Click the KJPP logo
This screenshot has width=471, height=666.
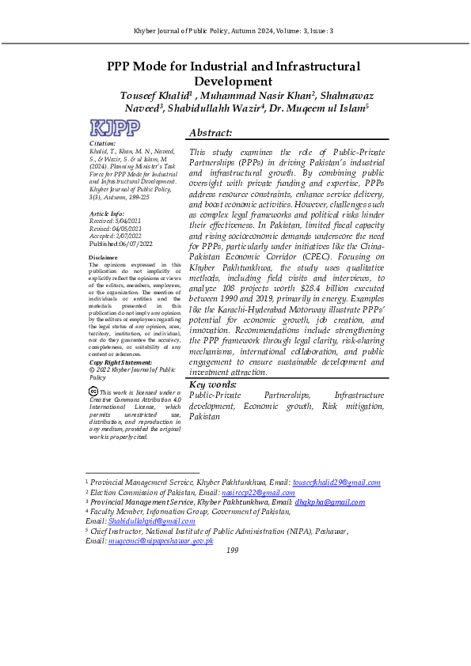115,128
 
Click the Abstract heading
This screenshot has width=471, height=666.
211,133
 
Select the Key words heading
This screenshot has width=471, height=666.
213,384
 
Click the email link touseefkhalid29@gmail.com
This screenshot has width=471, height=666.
336,482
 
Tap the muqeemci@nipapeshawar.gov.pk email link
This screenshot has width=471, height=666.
161,540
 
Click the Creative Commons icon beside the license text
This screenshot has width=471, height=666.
93,392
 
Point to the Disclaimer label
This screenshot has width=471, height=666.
104,258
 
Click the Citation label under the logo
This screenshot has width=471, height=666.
103,143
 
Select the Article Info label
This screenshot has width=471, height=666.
107,214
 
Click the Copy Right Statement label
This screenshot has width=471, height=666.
120,361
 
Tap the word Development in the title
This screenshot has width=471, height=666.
234,81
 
